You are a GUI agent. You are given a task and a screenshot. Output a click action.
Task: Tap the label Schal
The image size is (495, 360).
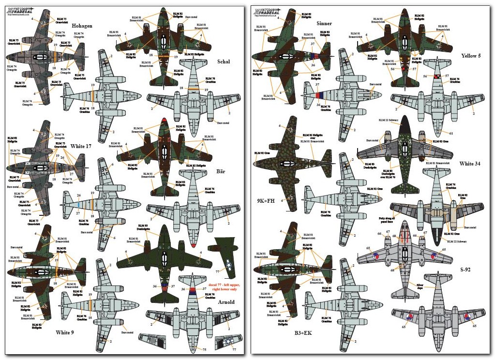pyautogui.click(x=224, y=61)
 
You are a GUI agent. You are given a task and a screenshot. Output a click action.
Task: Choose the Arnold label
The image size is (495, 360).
pyautogui.click(x=225, y=302)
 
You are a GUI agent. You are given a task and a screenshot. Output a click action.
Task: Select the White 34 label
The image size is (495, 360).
pyautogui.click(x=470, y=164)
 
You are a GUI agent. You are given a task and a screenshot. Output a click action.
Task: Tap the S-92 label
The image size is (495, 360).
pyautogui.click(x=466, y=270)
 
